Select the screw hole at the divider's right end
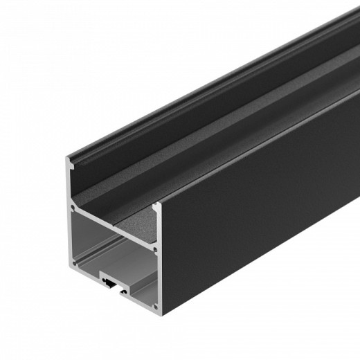point(155,248)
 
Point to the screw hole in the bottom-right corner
point(156,305)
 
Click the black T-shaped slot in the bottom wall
point(111,281)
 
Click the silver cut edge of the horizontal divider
point(114,227)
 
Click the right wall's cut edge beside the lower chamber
point(157,277)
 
